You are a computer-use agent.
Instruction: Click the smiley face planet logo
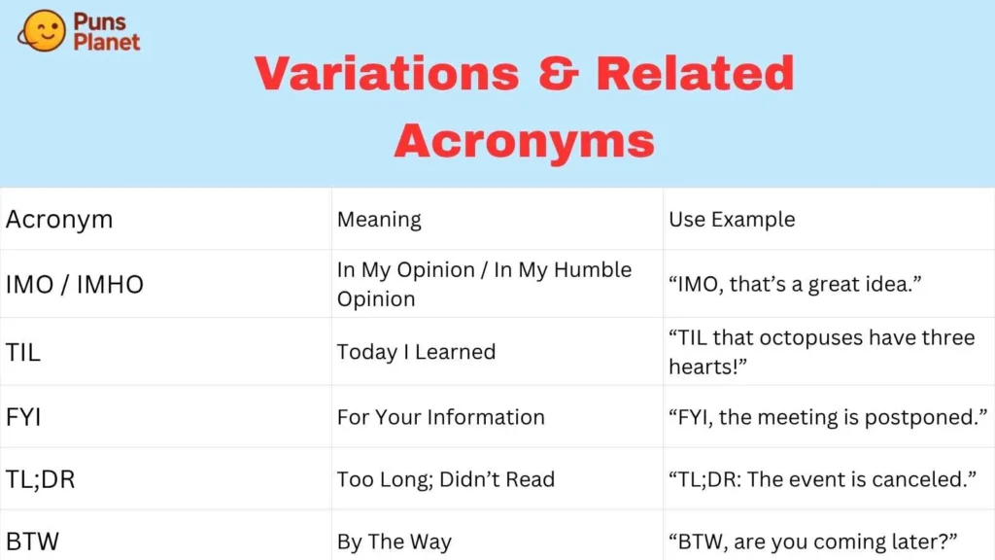coord(42,30)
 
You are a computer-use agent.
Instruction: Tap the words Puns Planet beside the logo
coord(106,32)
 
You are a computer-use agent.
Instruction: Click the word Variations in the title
coord(387,74)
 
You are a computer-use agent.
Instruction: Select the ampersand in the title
coord(559,74)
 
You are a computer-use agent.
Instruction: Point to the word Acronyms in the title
coord(524,141)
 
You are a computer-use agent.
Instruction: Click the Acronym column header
coord(59,220)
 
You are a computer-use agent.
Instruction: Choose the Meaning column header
coord(379,220)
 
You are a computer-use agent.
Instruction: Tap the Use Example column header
coord(732,220)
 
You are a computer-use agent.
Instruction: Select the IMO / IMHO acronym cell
coord(75,285)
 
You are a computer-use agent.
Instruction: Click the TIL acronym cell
coord(23,352)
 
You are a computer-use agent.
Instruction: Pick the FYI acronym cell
coord(23,417)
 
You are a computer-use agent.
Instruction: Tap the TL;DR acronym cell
coord(41,479)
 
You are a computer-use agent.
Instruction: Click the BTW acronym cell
coord(32,542)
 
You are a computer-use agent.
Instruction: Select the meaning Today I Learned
coord(416,352)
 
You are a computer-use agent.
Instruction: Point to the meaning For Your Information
coord(441,417)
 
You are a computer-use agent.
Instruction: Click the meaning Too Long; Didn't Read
coord(446,479)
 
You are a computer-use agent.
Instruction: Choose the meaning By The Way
coord(395,542)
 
